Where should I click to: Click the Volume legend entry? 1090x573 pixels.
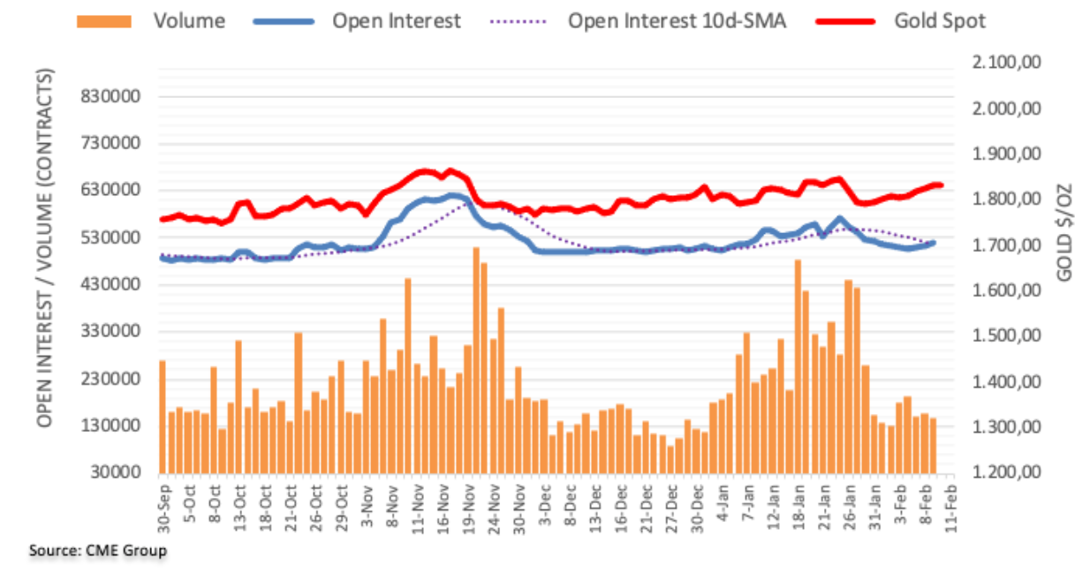pyautogui.click(x=189, y=20)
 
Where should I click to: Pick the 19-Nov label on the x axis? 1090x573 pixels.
pyautogui.click(x=466, y=505)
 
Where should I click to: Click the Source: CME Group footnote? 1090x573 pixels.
pyautogui.click(x=98, y=551)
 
